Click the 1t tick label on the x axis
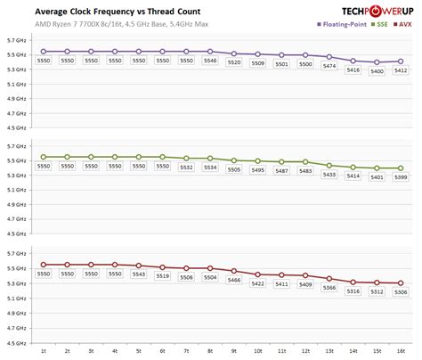click(x=43, y=353)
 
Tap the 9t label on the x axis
click(x=234, y=353)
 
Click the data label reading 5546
click(x=210, y=61)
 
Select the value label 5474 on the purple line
click(x=329, y=67)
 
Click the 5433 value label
click(x=329, y=175)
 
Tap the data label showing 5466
click(x=234, y=280)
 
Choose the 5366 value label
click(x=329, y=287)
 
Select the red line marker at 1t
click(x=43, y=265)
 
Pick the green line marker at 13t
click(x=329, y=165)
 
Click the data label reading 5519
click(x=162, y=276)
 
